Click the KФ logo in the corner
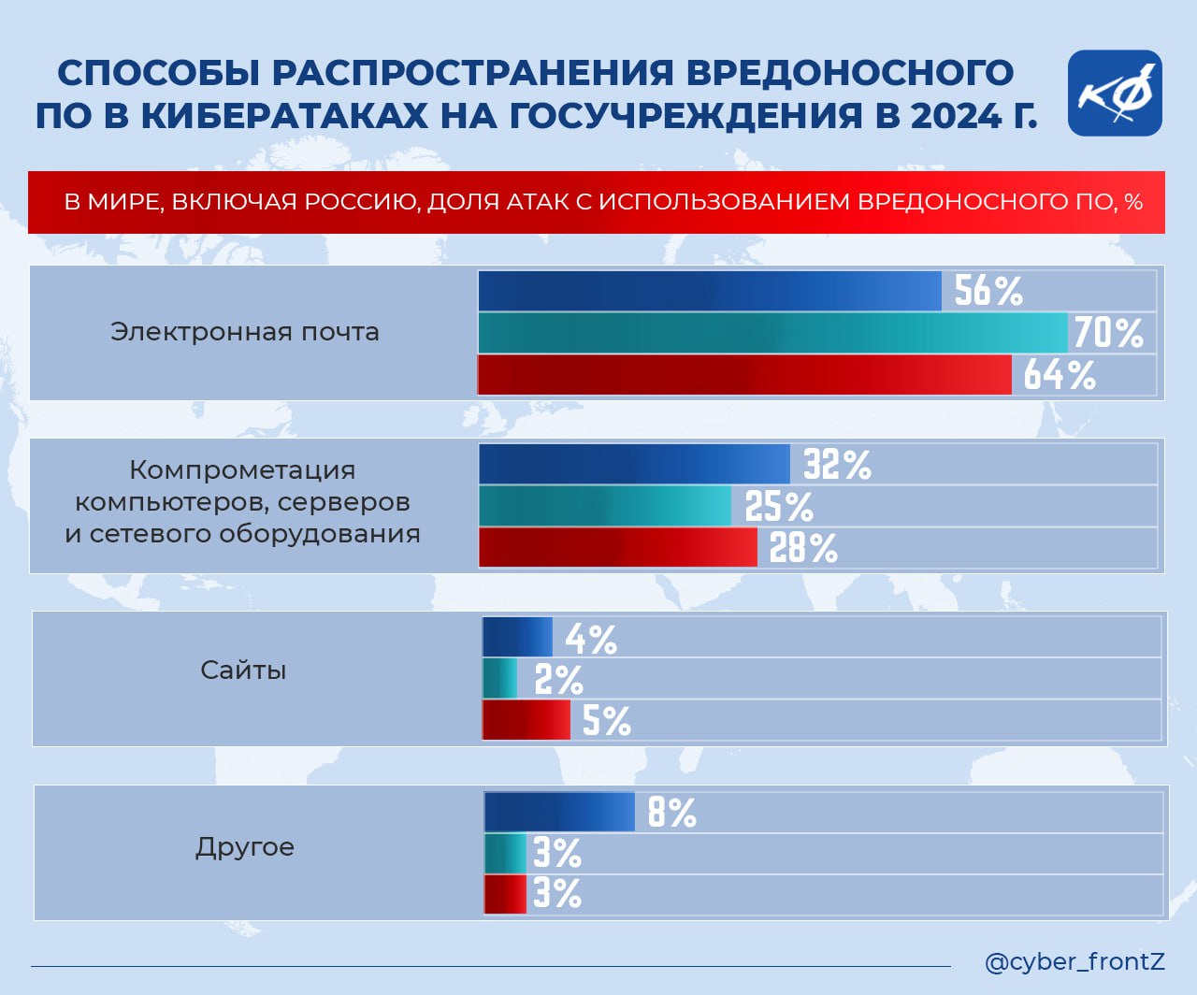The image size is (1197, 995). click(1115, 94)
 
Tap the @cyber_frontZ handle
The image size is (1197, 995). click(1074, 961)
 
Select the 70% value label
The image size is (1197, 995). click(1108, 333)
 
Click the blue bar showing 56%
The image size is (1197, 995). click(709, 291)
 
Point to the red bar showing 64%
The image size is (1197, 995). click(743, 375)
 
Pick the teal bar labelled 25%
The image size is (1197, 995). click(605, 506)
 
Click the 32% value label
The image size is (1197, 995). click(837, 464)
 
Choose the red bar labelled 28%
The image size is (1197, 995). click(617, 548)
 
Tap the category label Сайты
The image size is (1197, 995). click(243, 671)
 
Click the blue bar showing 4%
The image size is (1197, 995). click(517, 638)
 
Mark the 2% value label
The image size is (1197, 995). click(558, 680)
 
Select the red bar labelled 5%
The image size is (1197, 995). click(526, 721)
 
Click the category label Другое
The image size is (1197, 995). click(245, 847)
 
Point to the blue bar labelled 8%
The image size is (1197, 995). click(559, 812)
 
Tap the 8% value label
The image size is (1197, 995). click(671, 813)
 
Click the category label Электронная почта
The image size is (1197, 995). click(245, 332)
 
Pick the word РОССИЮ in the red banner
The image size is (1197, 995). click(362, 202)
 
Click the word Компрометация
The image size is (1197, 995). click(242, 469)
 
